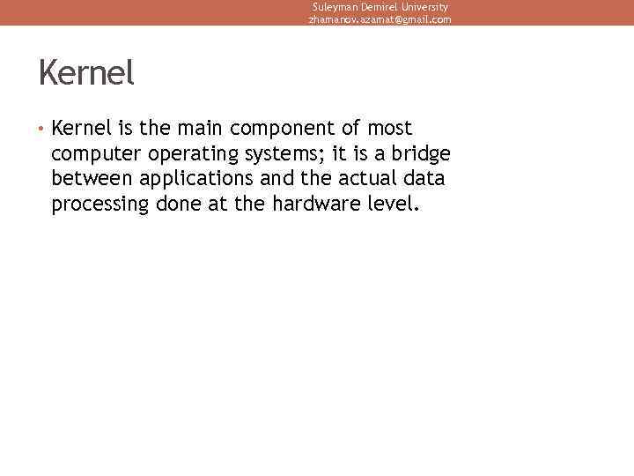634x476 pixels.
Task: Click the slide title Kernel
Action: (86, 73)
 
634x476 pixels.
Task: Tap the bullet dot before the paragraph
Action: (41, 129)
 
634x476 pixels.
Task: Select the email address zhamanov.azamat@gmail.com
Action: (380, 19)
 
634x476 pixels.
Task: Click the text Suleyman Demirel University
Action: (380, 6)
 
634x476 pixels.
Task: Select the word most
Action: (390, 129)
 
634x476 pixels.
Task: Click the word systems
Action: (273, 155)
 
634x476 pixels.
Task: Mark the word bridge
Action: (419, 154)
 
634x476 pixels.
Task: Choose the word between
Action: (90, 179)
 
